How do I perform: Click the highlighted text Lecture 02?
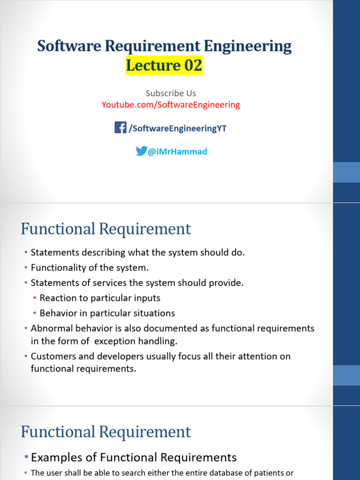(x=164, y=66)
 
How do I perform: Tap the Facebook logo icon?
(x=120, y=127)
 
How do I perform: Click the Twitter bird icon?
(x=141, y=151)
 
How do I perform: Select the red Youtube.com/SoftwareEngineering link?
(x=171, y=105)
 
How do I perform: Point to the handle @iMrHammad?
(x=177, y=152)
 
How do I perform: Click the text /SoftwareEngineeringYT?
(x=178, y=128)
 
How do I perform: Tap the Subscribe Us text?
(x=171, y=93)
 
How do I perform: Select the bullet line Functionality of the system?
(x=89, y=268)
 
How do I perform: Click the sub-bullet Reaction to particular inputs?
(x=100, y=298)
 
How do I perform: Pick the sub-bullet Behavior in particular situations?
(x=107, y=313)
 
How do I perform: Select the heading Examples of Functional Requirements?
(x=134, y=457)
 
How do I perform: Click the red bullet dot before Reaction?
(x=35, y=299)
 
